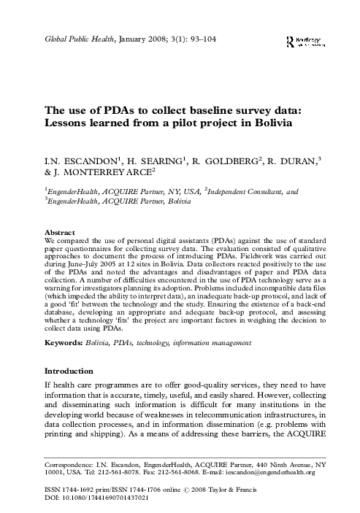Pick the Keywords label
coord(69,342)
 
